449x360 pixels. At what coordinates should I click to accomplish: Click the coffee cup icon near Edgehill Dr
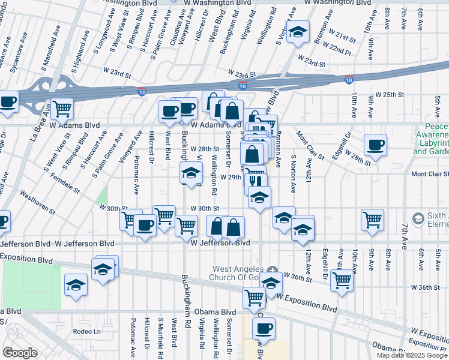[375, 145]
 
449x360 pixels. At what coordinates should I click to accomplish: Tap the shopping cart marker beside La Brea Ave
[62, 109]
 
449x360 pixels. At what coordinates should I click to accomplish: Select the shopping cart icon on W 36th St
[342, 280]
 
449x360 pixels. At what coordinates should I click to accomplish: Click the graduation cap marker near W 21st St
[297, 33]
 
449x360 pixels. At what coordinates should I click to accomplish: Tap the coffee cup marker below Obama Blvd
[263, 328]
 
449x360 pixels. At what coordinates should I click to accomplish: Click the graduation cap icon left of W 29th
[191, 174]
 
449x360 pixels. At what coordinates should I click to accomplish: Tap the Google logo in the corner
[20, 352]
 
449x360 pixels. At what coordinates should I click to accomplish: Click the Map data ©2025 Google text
[412, 355]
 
